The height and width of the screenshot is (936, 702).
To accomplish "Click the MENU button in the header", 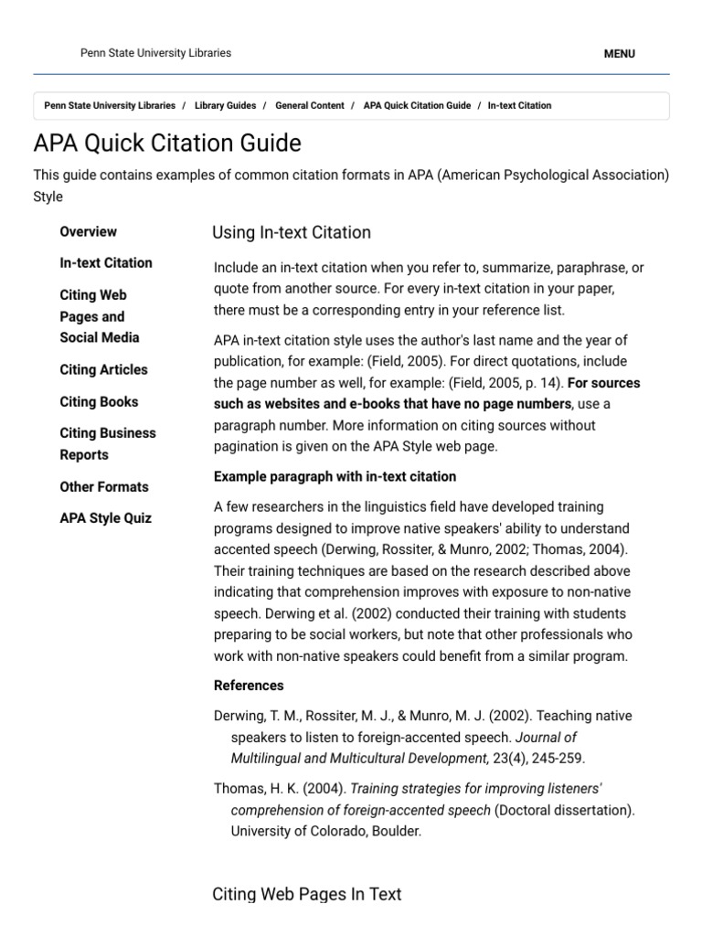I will [619, 54].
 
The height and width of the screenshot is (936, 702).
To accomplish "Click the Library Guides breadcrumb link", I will [225, 106].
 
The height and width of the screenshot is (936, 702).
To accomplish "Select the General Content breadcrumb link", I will [309, 106].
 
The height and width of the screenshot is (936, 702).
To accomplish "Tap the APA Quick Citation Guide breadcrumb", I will [417, 106].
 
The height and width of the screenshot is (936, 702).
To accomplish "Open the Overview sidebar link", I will [88, 232].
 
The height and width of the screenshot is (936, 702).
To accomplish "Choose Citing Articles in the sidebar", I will [103, 370].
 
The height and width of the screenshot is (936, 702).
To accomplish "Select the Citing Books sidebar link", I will [99, 402].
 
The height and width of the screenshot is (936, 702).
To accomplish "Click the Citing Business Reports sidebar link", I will [107, 444].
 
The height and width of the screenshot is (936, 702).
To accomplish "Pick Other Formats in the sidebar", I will [104, 487].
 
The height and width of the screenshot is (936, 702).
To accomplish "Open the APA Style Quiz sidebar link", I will [105, 518].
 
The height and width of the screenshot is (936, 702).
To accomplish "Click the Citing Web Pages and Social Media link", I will [99, 316].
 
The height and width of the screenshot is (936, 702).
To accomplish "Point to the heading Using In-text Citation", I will [292, 233].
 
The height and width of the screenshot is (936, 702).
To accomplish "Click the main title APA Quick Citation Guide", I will [167, 144].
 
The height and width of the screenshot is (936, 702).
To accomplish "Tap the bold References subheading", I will [249, 686].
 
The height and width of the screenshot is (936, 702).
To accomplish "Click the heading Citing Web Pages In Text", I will [306, 894].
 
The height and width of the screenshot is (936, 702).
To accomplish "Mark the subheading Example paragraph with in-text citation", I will [335, 477].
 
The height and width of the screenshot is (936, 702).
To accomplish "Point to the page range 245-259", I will [552, 758].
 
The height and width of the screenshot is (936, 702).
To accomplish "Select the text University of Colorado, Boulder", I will [325, 832].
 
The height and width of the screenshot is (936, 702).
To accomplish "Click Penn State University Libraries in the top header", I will [155, 53].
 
